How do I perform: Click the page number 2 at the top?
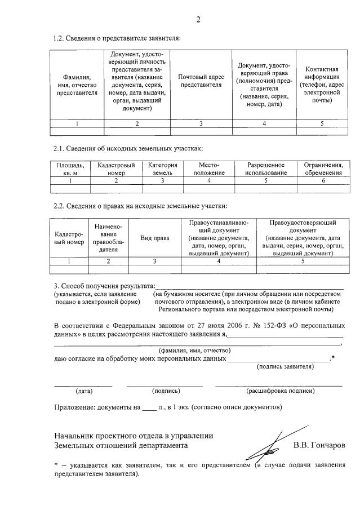coord(198,20)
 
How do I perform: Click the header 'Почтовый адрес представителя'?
coord(201,81)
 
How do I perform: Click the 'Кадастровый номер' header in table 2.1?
coord(116,168)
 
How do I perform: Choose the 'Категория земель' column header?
coord(163,168)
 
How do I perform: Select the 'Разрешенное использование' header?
coord(266,168)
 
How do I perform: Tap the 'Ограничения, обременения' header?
coord(323,168)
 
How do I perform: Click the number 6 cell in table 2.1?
coord(323,181)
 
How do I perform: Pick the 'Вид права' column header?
coord(155,238)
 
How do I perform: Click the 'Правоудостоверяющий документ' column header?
coord(303,238)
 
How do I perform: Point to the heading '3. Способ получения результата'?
coord(104,287)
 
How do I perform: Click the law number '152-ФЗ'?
coord(255,326)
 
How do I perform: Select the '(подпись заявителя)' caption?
coord(285,367)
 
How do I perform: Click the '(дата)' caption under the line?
coord(84,391)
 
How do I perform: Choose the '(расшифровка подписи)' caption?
coord(281,391)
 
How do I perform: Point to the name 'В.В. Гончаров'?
coord(319,445)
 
